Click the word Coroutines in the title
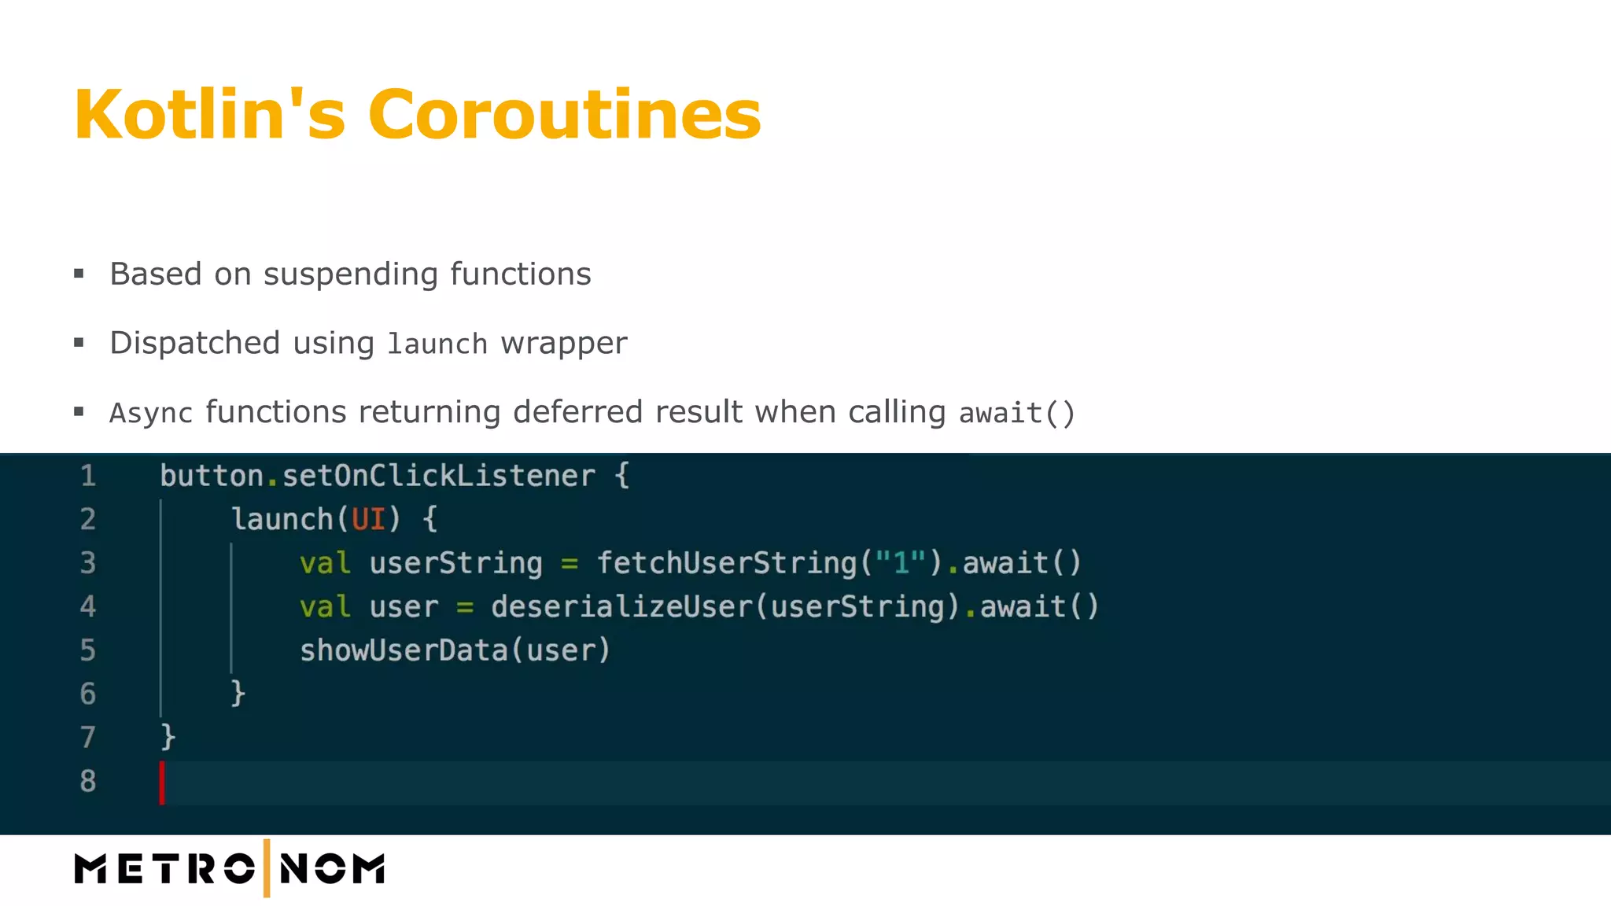click(564, 115)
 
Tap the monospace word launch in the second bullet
click(437, 344)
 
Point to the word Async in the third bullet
click(151, 413)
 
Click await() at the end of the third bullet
click(1016, 413)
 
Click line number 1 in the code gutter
click(88, 476)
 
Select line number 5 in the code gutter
click(88, 650)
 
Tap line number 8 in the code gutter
click(88, 781)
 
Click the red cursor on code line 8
click(162, 783)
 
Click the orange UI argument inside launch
click(368, 520)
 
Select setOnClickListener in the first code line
click(438, 476)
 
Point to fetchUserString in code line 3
click(726, 563)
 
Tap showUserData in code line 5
click(404, 650)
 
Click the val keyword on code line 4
click(324, 607)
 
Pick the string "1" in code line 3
click(901, 563)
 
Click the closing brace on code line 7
click(168, 738)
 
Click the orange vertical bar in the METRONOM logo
click(267, 868)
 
